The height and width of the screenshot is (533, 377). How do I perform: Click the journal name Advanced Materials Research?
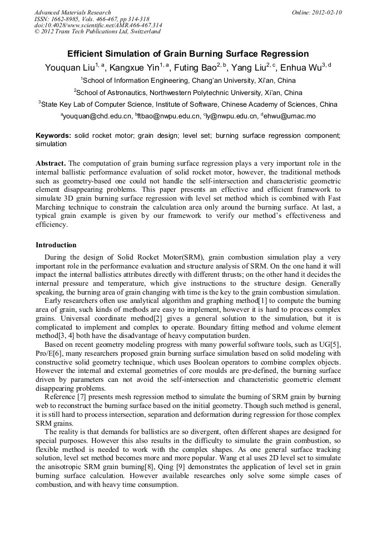72,12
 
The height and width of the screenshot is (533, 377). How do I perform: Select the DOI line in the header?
98,26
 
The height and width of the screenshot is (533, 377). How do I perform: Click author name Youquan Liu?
68,68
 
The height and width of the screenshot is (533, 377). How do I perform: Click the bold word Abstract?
51,163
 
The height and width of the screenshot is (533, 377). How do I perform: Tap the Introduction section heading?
56,245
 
